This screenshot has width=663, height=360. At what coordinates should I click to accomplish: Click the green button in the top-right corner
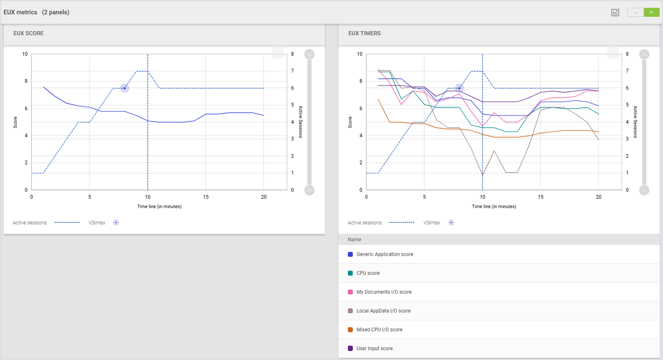(651, 12)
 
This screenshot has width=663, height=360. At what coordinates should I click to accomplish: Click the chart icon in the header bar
(615, 12)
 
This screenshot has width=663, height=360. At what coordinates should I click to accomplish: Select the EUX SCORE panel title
(28, 33)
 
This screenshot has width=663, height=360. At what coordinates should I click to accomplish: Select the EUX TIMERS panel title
(364, 33)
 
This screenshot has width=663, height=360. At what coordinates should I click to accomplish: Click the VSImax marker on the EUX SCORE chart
(125, 88)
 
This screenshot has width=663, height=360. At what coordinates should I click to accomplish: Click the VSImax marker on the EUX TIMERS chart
(460, 88)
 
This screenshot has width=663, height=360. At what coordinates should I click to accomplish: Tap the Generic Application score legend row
(385, 254)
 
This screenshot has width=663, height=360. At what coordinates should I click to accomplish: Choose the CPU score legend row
(368, 273)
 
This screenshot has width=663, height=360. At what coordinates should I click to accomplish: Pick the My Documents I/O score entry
(384, 292)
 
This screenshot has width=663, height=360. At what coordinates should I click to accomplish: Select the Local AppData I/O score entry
(383, 311)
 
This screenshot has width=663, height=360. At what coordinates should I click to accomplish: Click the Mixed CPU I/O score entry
(379, 330)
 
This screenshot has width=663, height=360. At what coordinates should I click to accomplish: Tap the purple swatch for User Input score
(350, 349)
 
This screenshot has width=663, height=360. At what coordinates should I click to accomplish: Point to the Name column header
(354, 240)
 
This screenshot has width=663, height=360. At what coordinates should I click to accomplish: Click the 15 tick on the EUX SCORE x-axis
(206, 197)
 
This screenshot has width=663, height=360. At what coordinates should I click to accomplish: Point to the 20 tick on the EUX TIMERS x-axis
(598, 197)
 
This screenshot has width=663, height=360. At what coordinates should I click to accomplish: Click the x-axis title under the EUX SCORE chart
(159, 206)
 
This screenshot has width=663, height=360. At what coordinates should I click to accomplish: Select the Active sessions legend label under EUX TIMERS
(364, 223)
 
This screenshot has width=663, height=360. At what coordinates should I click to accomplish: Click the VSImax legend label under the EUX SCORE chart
(97, 223)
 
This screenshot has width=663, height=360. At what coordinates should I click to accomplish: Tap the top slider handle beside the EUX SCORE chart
(309, 54)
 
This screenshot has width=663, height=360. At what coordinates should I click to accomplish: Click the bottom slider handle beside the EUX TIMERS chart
(644, 190)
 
